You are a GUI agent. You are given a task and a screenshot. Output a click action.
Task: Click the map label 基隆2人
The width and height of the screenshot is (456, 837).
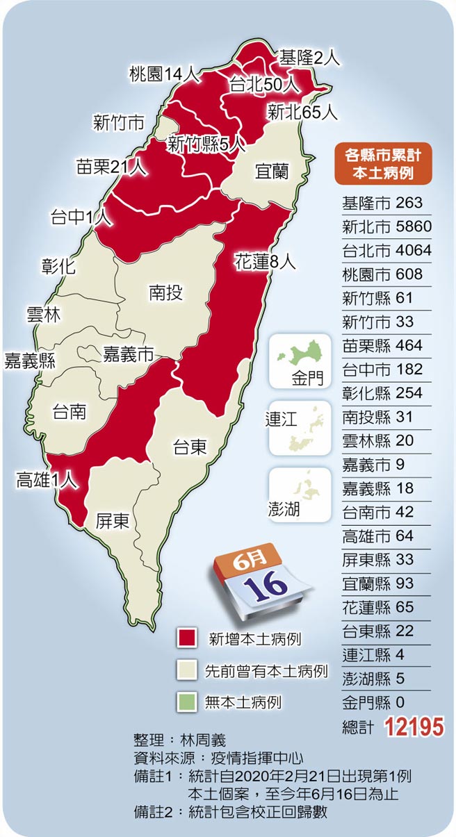tap(309, 58)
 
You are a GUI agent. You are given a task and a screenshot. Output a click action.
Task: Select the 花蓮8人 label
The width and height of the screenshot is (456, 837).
tap(265, 263)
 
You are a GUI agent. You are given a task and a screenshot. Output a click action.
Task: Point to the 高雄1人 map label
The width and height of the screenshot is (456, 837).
tap(46, 479)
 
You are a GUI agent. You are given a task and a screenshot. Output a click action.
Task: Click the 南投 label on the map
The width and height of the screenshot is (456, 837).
tap(165, 293)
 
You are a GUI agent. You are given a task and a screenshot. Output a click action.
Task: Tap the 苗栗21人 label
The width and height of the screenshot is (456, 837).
tap(112, 167)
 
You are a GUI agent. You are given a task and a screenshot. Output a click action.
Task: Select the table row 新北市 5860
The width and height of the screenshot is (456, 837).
tap(386, 227)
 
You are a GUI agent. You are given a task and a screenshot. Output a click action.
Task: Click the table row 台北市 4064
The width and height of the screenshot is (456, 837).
tap(386, 251)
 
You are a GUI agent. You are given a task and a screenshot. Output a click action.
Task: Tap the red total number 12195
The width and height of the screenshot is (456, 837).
tap(414, 727)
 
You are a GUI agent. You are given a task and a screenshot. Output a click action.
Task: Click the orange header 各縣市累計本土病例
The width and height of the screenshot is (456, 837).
tap(383, 163)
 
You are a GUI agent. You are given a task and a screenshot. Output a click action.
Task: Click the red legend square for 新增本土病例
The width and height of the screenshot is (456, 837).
tap(186, 638)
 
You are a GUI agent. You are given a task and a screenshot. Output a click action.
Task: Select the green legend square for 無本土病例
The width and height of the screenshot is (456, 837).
tap(186, 702)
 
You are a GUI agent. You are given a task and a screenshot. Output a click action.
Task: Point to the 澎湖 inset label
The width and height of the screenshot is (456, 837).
tap(284, 510)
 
